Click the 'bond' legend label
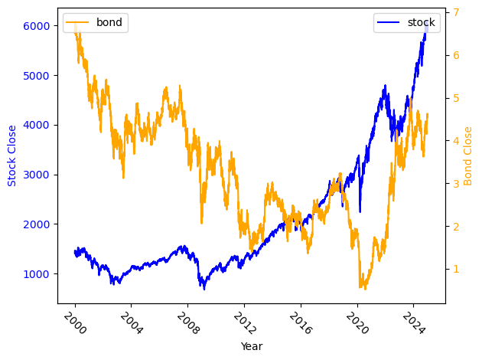109,22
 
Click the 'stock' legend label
421,22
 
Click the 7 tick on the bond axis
454,12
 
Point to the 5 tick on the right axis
454,98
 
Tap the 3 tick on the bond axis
454,183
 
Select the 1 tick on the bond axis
454,269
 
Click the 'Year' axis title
251,346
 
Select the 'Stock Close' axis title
12,155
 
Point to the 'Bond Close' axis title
469,155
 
